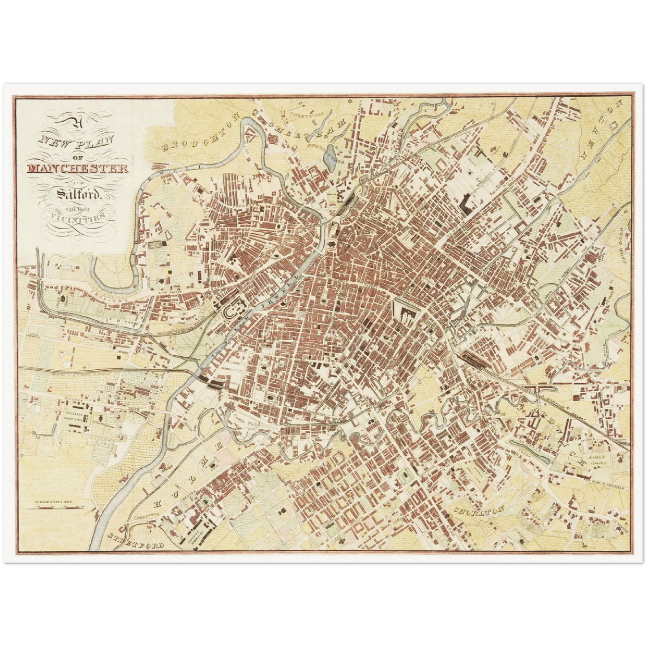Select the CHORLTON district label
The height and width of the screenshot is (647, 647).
click(479, 510)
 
